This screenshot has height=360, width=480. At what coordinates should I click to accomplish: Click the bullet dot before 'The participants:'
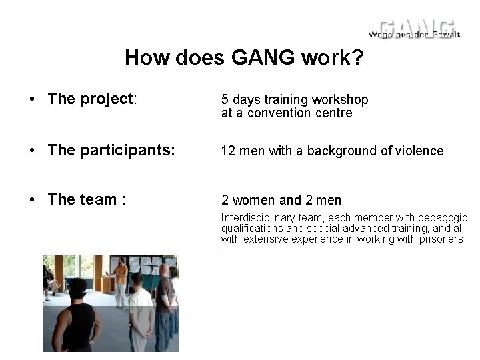[31, 151]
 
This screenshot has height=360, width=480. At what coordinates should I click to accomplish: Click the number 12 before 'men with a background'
[228, 151]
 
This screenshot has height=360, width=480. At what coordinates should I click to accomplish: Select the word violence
[419, 151]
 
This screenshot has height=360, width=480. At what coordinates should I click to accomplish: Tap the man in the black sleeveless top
[79, 319]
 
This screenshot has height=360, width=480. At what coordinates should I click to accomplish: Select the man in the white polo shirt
[141, 313]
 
